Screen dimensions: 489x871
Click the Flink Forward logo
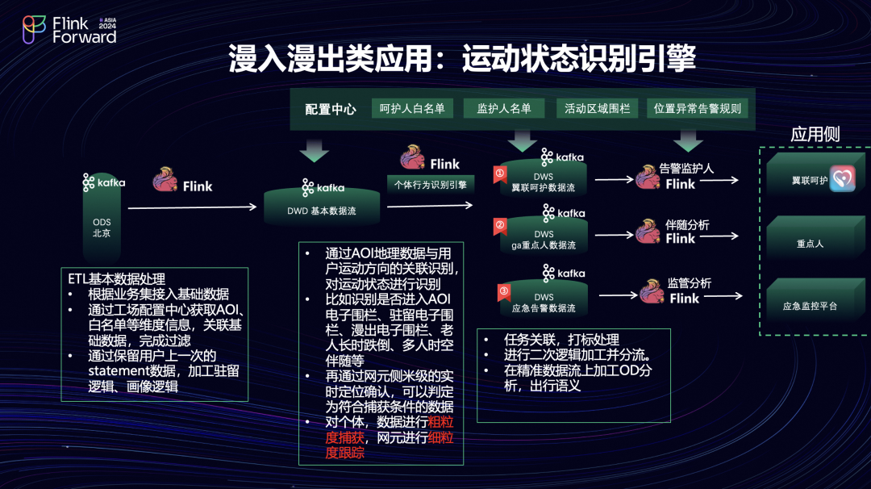(68, 29)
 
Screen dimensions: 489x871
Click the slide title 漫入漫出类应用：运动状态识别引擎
(462, 59)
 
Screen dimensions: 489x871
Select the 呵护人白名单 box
(413, 108)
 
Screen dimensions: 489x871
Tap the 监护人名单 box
(504, 108)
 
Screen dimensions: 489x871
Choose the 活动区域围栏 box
(597, 108)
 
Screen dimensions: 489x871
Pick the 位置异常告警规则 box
(697, 108)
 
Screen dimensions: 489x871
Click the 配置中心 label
(330, 110)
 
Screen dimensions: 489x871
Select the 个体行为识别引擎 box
(431, 184)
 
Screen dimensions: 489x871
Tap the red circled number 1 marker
(500, 173)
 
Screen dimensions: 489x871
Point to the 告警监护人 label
(686, 169)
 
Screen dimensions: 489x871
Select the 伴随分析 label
(687, 225)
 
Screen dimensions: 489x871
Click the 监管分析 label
(689, 284)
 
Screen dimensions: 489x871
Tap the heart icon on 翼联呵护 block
(842, 179)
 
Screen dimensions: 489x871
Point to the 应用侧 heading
(815, 135)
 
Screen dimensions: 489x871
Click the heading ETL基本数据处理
(117, 280)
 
